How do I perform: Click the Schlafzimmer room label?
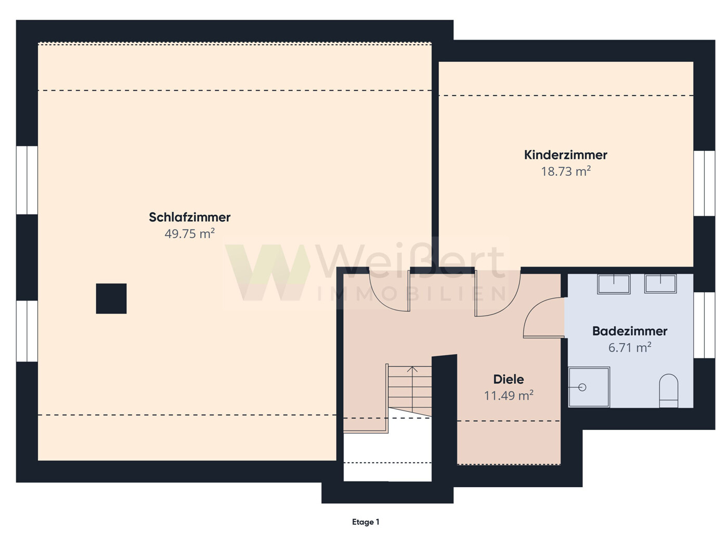coord(189,217)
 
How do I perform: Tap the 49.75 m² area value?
coord(189,233)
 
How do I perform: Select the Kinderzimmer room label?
coord(565,155)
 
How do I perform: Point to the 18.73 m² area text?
coord(566,172)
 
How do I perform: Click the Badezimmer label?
coord(630,331)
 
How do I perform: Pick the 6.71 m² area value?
coord(630,347)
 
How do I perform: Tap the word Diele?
coord(509,379)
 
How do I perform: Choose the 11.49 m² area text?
coord(509,396)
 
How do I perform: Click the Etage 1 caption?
coord(366,522)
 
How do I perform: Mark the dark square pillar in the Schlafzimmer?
coord(111,298)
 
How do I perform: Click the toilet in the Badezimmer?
coord(669,391)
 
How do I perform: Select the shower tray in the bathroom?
coord(589,387)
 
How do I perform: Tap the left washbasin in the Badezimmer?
coord(614,284)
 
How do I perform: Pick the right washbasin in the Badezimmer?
coord(660,283)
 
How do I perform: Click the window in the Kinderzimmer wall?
coord(704,184)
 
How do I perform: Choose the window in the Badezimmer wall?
coord(704,325)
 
